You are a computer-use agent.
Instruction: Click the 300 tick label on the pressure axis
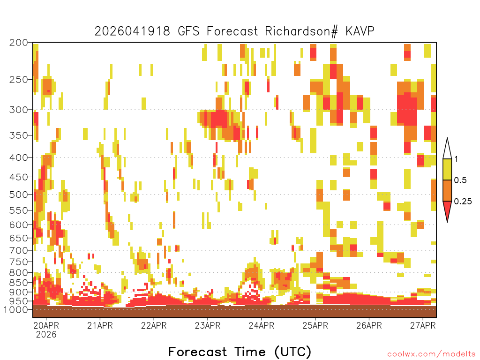[19, 110]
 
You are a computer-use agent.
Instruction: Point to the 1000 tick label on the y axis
[15, 309]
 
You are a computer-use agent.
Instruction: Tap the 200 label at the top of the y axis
[19, 43]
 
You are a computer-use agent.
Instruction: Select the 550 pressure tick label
[19, 210]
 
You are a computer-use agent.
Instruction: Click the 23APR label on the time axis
[208, 325]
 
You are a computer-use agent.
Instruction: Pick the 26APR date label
[369, 325]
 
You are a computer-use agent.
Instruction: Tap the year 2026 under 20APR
[46, 335]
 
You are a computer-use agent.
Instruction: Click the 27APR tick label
[423, 325]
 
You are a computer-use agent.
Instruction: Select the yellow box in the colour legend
[447, 169]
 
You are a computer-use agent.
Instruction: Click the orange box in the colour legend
[447, 190]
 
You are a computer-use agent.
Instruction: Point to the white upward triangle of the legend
[447, 149]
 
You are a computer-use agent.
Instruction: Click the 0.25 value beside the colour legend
[463, 202]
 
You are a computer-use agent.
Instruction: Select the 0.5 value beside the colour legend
[460, 180]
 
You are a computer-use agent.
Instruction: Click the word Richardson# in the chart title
[301, 31]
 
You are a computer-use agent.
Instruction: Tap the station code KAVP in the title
[360, 31]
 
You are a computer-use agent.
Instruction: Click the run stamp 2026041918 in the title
[132, 31]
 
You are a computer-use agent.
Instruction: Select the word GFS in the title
[189, 31]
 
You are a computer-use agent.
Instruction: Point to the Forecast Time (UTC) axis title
[240, 352]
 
